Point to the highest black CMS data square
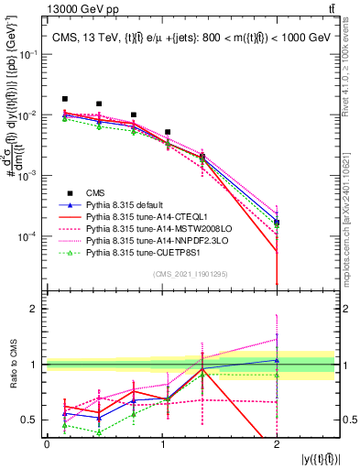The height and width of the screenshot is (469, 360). [x=65, y=99]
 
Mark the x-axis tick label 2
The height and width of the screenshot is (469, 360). [x=277, y=444]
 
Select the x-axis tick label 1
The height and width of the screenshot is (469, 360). [x=161, y=444]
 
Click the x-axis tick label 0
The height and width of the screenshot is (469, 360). [x=47, y=444]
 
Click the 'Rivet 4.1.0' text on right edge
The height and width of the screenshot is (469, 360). [x=352, y=82]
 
